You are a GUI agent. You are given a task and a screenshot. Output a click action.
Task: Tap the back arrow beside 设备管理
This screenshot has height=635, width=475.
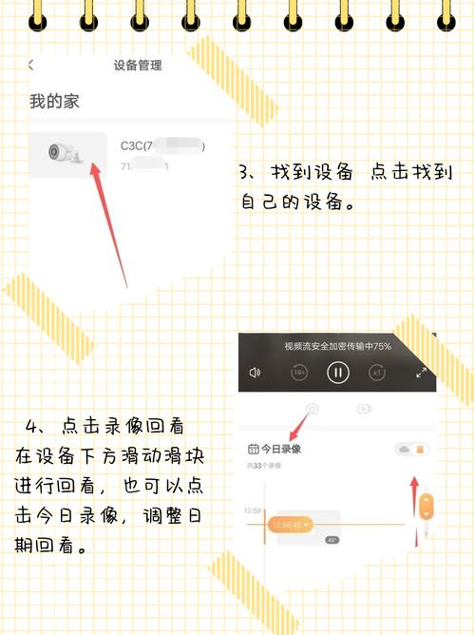click(30, 66)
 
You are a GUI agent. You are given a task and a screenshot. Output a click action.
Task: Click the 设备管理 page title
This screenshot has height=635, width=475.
click(138, 66)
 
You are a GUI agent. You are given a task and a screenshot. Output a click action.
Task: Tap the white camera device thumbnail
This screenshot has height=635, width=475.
click(67, 153)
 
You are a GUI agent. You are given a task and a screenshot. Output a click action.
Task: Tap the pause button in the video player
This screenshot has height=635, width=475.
click(337, 373)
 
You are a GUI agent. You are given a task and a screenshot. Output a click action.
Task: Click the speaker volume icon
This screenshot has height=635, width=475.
click(255, 373)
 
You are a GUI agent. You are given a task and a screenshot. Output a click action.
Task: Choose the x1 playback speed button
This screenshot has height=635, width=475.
click(377, 373)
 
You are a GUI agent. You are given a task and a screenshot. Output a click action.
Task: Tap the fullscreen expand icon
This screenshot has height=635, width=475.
click(421, 373)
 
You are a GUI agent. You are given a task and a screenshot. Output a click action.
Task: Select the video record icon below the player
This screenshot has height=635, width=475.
click(363, 409)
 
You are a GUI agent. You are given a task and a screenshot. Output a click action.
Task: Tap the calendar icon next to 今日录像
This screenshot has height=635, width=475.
click(253, 449)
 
